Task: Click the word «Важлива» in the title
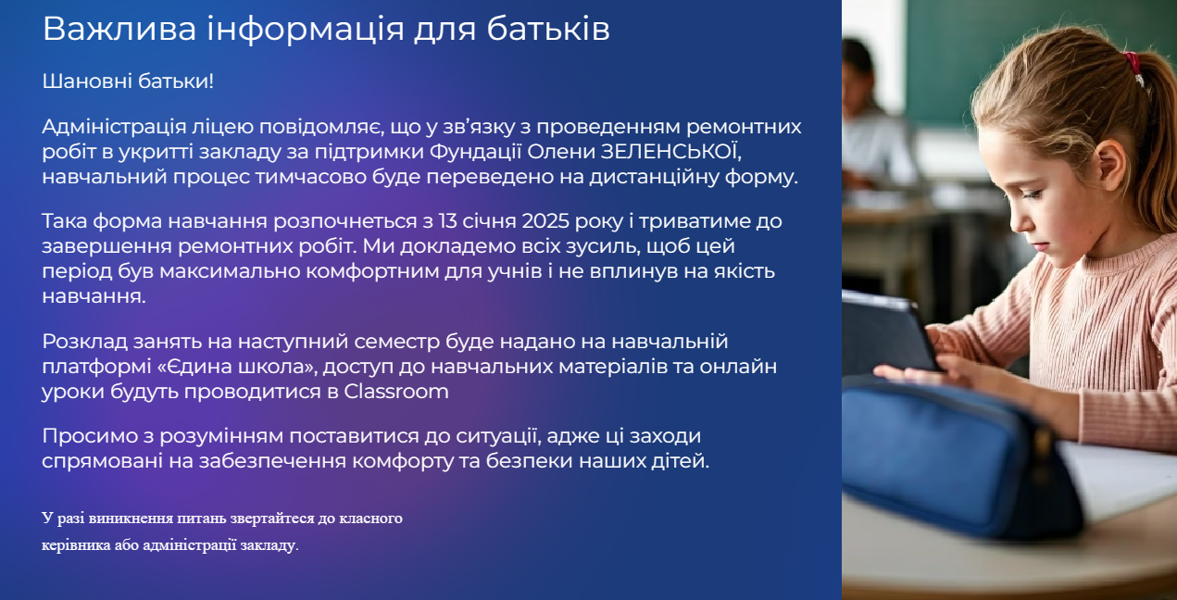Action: [119, 29]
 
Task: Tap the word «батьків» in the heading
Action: [548, 29]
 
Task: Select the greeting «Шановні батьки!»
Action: [128, 81]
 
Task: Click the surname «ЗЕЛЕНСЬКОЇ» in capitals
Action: [670, 151]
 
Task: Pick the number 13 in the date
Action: [448, 221]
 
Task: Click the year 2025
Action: [545, 221]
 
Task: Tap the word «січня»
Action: [490, 221]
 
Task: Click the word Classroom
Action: [396, 392]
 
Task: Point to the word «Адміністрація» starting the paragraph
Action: [115, 127]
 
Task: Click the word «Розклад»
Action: [85, 342]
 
